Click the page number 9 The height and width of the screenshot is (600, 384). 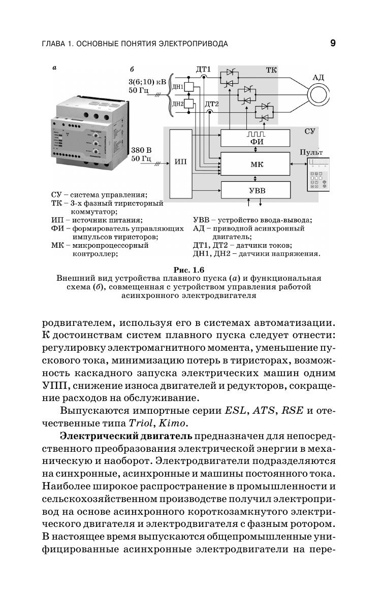tap(332, 43)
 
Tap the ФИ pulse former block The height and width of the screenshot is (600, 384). tap(256, 138)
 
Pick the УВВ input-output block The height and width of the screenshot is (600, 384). tap(256, 191)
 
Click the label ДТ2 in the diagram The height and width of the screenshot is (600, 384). tap(211, 105)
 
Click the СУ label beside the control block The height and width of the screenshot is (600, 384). tap(310, 131)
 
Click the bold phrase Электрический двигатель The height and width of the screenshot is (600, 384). tap(125, 436)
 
